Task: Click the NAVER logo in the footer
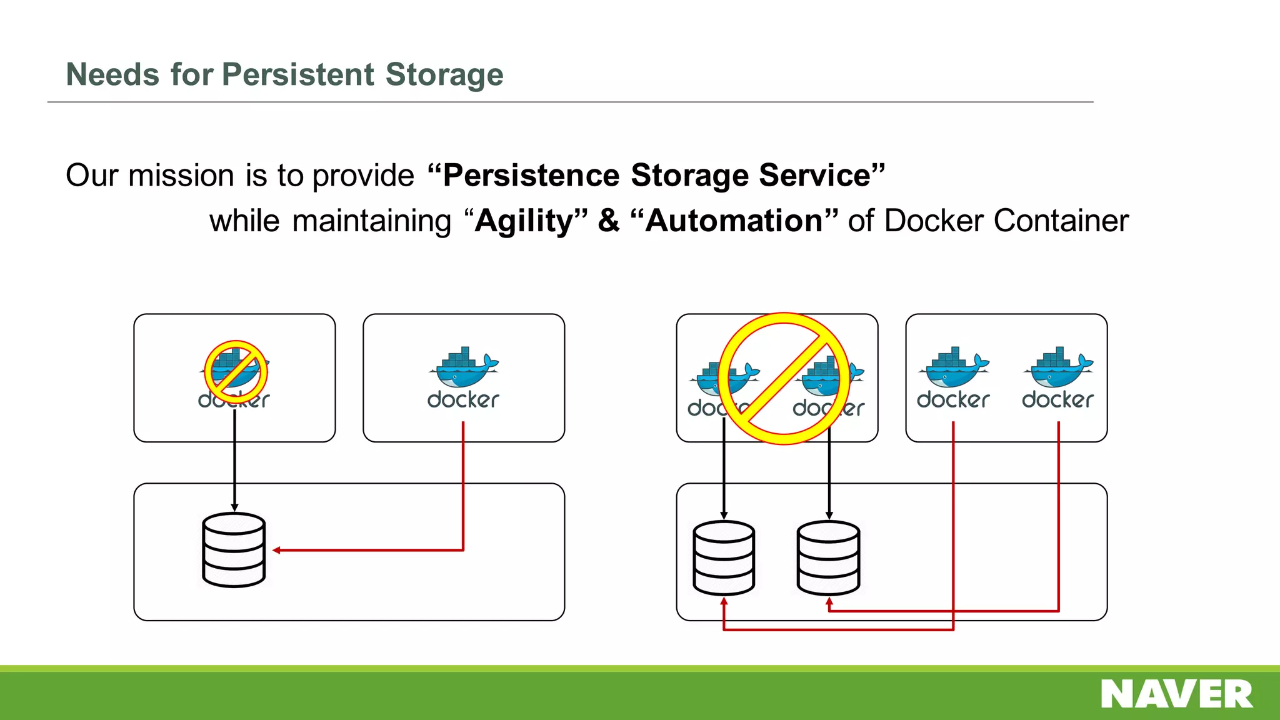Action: (1176, 694)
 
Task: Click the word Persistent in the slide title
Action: (298, 74)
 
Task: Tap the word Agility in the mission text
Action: (524, 221)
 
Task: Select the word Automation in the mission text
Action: (734, 221)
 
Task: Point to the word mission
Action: (181, 175)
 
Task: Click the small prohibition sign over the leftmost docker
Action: (236, 372)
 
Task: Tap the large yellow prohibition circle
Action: (784, 379)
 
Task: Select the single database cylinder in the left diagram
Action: (234, 550)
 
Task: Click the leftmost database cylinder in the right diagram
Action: (724, 557)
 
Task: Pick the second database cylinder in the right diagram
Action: (829, 557)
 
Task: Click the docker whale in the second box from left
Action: (463, 369)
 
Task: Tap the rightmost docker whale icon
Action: (1058, 369)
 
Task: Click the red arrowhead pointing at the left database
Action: (277, 550)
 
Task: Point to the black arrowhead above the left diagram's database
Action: (234, 507)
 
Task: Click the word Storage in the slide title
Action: (444, 74)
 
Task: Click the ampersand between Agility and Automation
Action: (608, 221)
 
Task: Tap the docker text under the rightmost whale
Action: (1057, 400)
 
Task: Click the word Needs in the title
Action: (112, 74)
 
